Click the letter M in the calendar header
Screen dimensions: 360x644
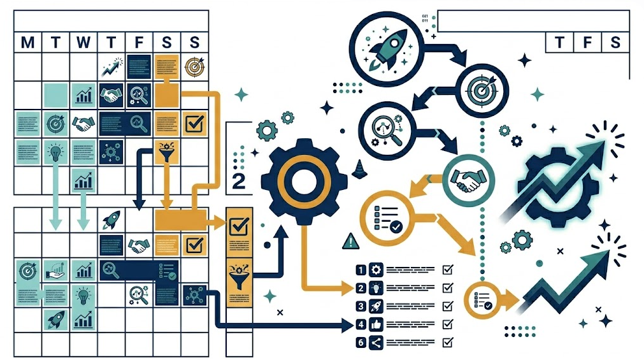click(27, 43)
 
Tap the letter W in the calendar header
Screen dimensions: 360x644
click(83, 43)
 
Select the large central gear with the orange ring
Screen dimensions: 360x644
click(304, 179)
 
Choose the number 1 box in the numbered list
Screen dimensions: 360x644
click(361, 270)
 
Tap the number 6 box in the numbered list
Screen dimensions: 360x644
click(361, 342)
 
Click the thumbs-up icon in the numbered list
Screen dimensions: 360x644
click(376, 324)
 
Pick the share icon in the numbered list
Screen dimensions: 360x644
click(376, 342)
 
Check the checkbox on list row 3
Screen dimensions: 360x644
click(447, 306)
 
